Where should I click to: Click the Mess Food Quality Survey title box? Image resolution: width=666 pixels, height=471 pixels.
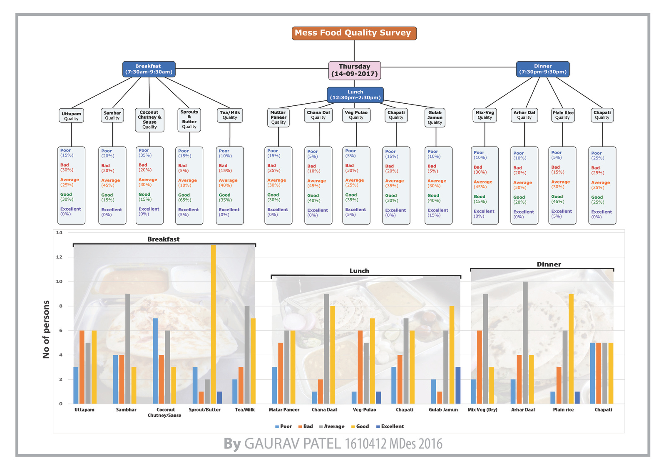click(354, 33)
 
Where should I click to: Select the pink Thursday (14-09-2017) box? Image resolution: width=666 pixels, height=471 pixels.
click(355, 70)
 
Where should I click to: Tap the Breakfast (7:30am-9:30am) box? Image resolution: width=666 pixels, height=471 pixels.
click(149, 69)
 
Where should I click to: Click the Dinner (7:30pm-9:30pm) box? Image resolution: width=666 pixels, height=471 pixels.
click(543, 69)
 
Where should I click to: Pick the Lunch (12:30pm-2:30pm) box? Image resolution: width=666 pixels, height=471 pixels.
click(355, 95)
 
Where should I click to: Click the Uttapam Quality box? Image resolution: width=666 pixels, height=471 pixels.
click(71, 116)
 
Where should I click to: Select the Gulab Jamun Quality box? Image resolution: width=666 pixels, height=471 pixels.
click(435, 117)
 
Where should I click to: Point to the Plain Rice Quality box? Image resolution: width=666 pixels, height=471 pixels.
click(563, 115)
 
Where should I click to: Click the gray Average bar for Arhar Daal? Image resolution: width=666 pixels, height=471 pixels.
click(525, 342)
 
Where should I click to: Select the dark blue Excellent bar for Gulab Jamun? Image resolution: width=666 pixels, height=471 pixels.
click(458, 385)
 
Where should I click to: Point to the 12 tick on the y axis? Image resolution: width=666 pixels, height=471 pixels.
click(59, 257)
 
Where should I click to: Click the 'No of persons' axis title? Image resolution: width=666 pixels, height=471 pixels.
click(46, 329)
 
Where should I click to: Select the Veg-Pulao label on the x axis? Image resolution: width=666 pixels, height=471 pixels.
click(364, 410)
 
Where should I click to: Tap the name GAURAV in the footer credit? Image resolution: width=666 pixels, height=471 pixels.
click(271, 444)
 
